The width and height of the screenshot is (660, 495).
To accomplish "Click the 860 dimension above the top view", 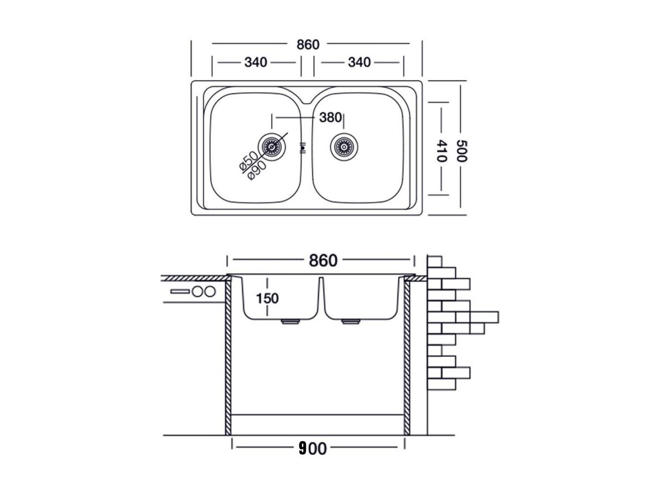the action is pyautogui.click(x=308, y=45).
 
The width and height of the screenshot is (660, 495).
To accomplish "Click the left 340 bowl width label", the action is pyautogui.click(x=256, y=62).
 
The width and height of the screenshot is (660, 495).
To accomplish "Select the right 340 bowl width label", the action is pyautogui.click(x=359, y=62).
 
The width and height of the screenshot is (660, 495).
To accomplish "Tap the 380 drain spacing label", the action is pyautogui.click(x=330, y=118).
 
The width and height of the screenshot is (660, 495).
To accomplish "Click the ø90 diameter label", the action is pyautogui.click(x=257, y=171).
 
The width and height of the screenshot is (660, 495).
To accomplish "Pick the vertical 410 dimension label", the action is pyautogui.click(x=442, y=151).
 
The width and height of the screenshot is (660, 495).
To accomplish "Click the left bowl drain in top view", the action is pyautogui.click(x=272, y=147).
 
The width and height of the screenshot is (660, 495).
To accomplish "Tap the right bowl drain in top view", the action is pyautogui.click(x=344, y=147).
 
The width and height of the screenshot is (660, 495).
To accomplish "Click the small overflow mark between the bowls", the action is pyautogui.click(x=303, y=148).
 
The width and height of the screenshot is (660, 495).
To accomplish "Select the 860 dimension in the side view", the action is pyautogui.click(x=323, y=261).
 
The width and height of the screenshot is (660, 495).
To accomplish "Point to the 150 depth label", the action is pyautogui.click(x=267, y=298).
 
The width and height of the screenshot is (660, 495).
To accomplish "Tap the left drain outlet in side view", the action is pyautogui.click(x=290, y=322).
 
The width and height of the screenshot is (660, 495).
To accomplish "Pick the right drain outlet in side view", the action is pyautogui.click(x=351, y=322).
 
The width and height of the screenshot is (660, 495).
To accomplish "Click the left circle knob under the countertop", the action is pyautogui.click(x=198, y=291).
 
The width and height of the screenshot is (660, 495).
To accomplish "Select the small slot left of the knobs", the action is pyautogui.click(x=180, y=291).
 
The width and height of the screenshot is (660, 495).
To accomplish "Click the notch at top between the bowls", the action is pyautogui.click(x=306, y=102).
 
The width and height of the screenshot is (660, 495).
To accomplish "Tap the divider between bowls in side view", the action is pyautogui.click(x=321, y=297).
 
